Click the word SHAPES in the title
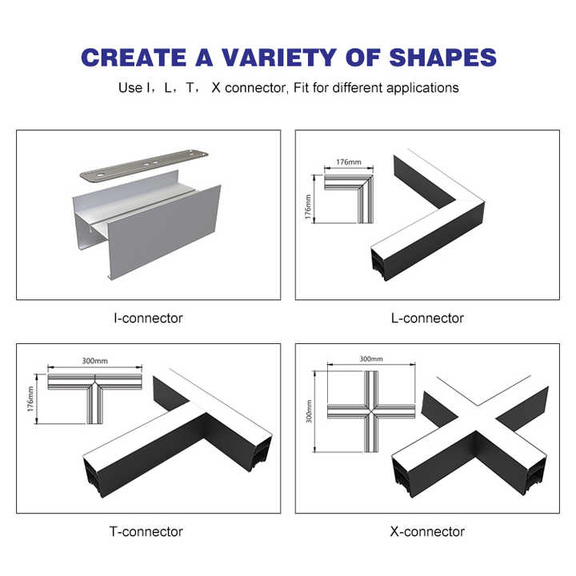pos(442,58)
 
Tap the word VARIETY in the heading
pos(279,58)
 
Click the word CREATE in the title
pos(134,58)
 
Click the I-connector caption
pos(149,318)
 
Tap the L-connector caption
pos(427,318)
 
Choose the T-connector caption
pos(146,531)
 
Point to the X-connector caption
pos(427,531)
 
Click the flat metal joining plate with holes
pos(144,166)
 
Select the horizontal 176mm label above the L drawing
pos(349,162)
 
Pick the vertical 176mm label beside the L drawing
pos(308,207)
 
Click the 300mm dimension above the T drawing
pos(94,361)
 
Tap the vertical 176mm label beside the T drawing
pos(30,399)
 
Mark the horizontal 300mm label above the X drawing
pos(371,359)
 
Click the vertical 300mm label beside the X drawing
pos(309,411)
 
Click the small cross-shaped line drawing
pos(371,411)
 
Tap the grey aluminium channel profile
pos(147,225)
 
